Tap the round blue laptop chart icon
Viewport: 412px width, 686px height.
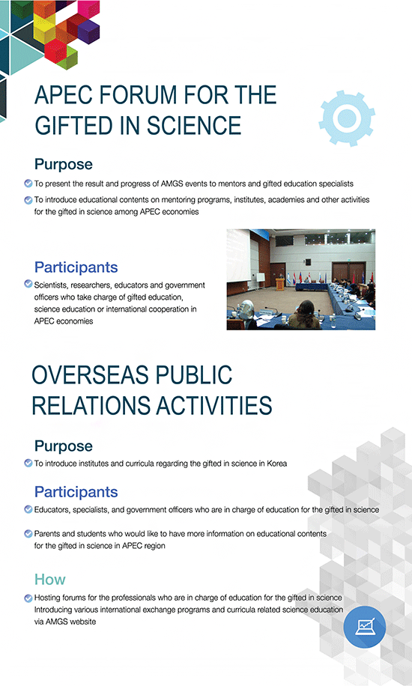click(x=365, y=627)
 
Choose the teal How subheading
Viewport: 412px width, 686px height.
click(x=50, y=579)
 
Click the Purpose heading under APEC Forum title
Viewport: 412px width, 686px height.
click(x=64, y=165)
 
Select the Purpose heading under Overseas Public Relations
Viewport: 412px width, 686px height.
click(x=64, y=446)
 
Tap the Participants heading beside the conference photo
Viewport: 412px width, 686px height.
click(x=76, y=267)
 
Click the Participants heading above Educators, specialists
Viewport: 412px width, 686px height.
click(x=76, y=492)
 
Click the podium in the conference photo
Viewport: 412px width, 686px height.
click(x=280, y=283)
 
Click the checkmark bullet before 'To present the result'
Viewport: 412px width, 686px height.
click(x=28, y=183)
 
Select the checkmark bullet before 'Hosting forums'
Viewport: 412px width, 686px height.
click(x=28, y=598)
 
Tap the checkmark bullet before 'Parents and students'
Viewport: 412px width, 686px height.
click(x=28, y=534)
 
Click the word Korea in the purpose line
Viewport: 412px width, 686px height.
click(x=277, y=464)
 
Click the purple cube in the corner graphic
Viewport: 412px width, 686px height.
click(x=88, y=31)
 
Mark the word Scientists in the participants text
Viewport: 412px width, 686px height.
click(x=50, y=285)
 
